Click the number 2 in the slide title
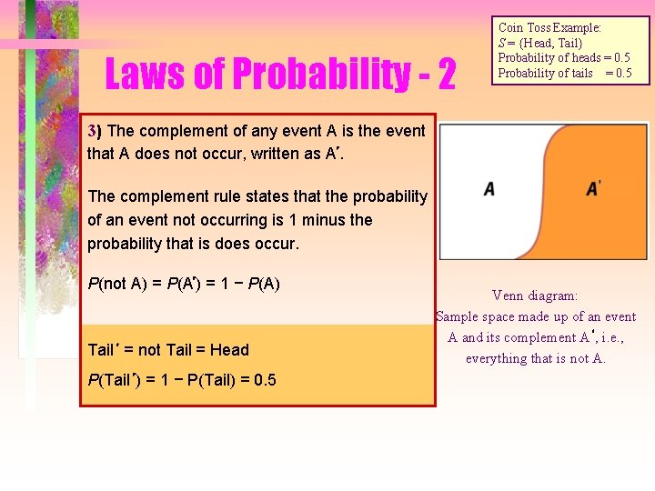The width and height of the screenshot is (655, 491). [446, 75]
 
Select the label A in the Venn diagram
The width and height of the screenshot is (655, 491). [489, 189]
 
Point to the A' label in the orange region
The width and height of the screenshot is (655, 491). [594, 188]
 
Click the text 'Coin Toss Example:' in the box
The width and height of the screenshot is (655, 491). [549, 28]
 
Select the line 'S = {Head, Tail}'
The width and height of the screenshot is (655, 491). [540, 43]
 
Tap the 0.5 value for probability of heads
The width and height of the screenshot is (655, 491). [618, 58]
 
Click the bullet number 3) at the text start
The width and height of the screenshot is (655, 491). [95, 130]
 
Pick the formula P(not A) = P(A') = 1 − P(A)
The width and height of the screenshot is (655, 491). [184, 283]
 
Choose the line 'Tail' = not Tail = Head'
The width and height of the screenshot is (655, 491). [168, 349]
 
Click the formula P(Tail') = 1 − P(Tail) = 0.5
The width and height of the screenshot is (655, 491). [182, 379]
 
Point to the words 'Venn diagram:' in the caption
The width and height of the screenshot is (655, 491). [535, 296]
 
